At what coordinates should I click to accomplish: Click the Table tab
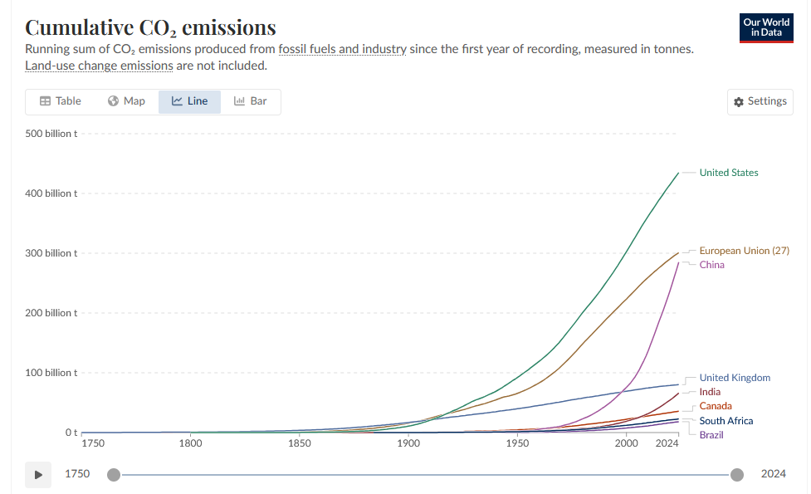(x=61, y=101)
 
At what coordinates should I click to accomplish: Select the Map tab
(x=126, y=101)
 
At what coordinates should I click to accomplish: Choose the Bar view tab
(x=251, y=101)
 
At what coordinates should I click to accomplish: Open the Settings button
(x=760, y=101)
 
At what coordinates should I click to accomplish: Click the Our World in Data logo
(x=766, y=28)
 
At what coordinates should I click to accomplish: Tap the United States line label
(x=728, y=173)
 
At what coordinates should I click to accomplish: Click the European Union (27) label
(x=744, y=251)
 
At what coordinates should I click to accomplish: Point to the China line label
(x=711, y=265)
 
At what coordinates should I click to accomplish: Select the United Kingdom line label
(x=735, y=378)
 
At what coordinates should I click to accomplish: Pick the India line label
(x=710, y=392)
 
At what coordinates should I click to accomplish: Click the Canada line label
(x=716, y=406)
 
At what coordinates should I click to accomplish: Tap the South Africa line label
(x=726, y=421)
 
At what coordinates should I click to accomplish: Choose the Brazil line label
(x=711, y=435)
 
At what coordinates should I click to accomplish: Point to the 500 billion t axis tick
(x=51, y=134)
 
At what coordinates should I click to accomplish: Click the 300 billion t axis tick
(x=51, y=253)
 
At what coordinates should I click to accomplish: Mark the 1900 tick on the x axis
(x=408, y=443)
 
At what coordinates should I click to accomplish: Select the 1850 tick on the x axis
(x=300, y=443)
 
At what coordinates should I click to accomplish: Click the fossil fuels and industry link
(x=343, y=49)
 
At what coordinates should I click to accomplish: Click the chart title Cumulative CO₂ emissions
(x=150, y=27)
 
